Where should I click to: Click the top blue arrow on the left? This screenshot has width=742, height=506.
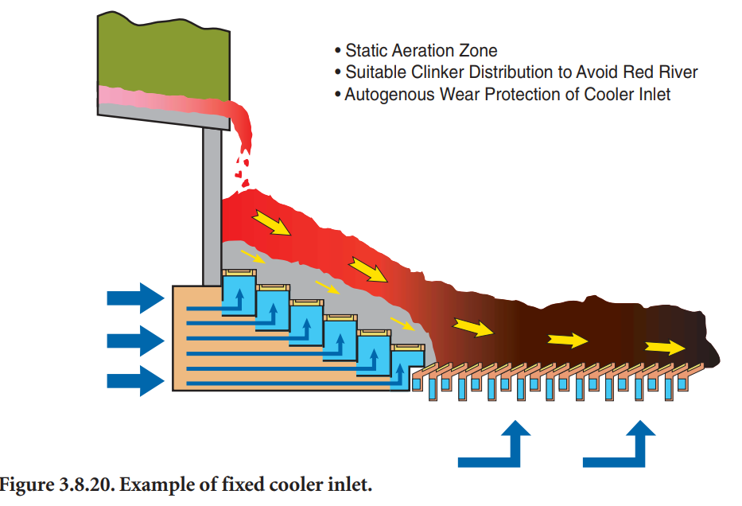[x=134, y=298]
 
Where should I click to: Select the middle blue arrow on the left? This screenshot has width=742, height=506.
[x=134, y=340]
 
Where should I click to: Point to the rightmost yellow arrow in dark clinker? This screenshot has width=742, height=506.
[x=665, y=347]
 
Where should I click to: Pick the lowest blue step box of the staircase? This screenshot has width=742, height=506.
[x=406, y=369]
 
